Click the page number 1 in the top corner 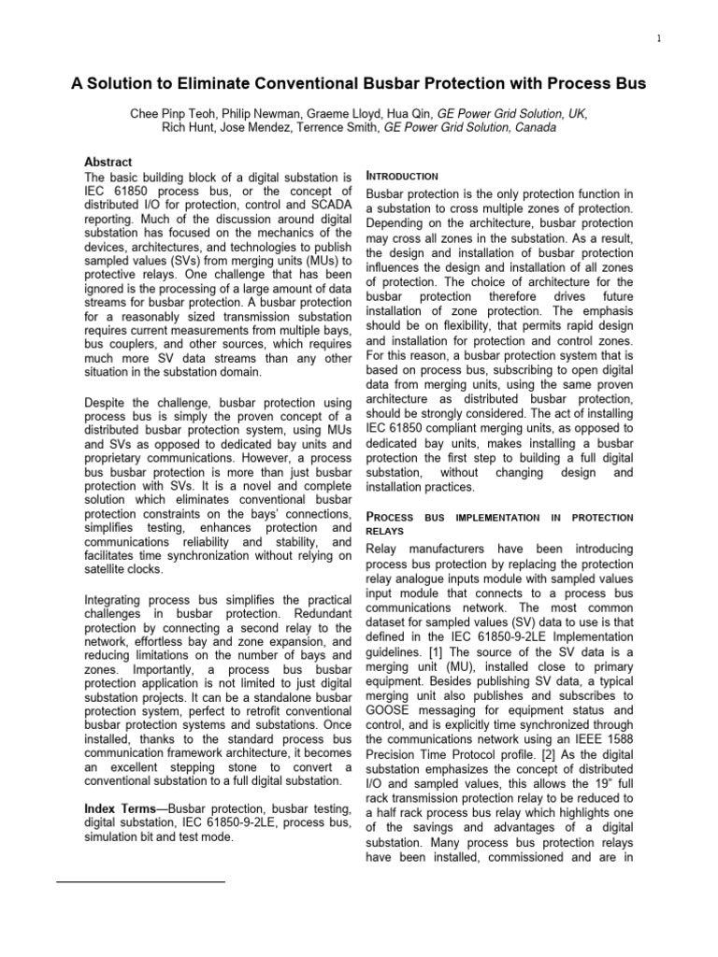(x=659, y=38)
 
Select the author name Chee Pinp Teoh (x=183, y=112)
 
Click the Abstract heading (x=108, y=162)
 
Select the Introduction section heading (x=403, y=177)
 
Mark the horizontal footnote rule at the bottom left (x=140, y=881)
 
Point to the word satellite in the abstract (x=110, y=569)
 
